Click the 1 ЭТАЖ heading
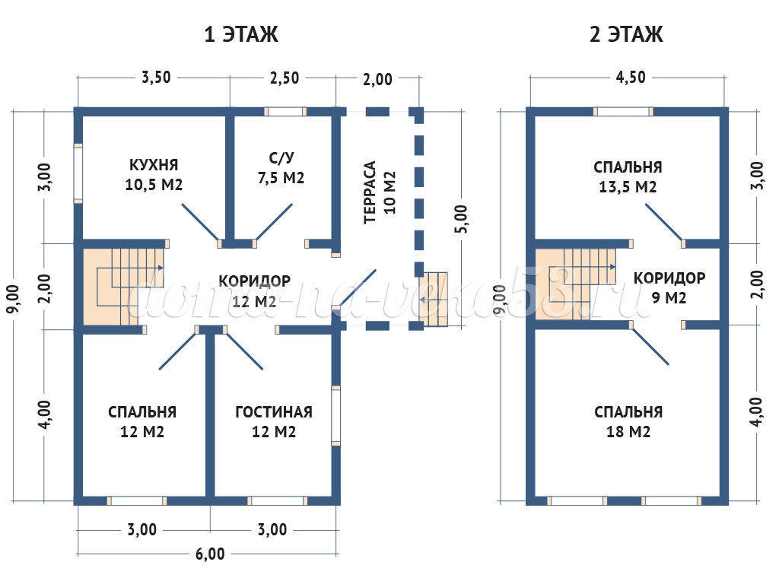tap(241, 35)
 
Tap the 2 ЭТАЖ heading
tap(626, 35)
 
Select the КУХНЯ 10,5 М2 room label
tap(154, 174)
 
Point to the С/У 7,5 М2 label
tap(281, 168)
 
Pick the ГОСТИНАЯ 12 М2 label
tap(274, 422)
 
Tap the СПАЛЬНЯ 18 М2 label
tap(628, 422)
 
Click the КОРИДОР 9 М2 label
tap(669, 287)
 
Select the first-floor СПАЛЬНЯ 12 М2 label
tap(142, 422)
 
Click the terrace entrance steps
tap(434, 299)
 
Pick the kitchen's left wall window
tap(78, 173)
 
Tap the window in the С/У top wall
tap(285, 111)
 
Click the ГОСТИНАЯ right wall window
tap(335, 415)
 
